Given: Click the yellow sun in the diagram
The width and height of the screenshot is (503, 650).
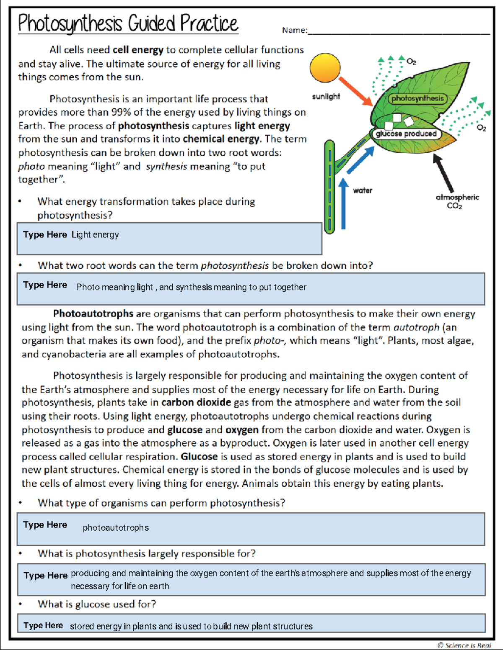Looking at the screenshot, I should coord(325,67).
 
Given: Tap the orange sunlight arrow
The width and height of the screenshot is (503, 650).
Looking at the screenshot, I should coord(355,91).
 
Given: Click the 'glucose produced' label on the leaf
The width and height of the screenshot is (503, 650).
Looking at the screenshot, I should coord(406,134).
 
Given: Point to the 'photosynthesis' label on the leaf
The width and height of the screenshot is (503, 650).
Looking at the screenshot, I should coord(417,99).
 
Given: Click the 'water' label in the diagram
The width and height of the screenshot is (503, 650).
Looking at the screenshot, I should coord(363,191).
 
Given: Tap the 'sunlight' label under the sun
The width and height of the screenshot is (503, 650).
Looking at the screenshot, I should coord(326,97).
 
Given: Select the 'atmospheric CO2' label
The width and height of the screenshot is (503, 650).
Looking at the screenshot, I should coord(457,201).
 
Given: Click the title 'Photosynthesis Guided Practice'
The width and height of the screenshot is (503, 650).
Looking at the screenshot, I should coord(128,23).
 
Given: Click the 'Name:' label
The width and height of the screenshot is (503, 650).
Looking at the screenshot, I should coord(295,30).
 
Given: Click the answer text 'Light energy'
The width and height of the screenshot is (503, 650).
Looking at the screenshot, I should coord(95,235).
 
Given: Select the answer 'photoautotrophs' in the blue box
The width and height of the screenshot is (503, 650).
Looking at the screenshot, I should coord(116,528).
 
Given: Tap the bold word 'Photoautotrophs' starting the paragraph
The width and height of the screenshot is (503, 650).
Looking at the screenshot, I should coord(93,314).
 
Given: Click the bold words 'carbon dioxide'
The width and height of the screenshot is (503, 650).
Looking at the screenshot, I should coord(196,403).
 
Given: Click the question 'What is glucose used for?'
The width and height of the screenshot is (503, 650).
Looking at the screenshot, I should coord(97,604).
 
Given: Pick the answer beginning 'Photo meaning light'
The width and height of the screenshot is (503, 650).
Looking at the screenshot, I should coord(191,288).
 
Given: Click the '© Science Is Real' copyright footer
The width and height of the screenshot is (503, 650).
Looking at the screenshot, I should coord(464,645).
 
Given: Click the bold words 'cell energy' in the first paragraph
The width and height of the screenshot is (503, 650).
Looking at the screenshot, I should coord(138,50).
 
